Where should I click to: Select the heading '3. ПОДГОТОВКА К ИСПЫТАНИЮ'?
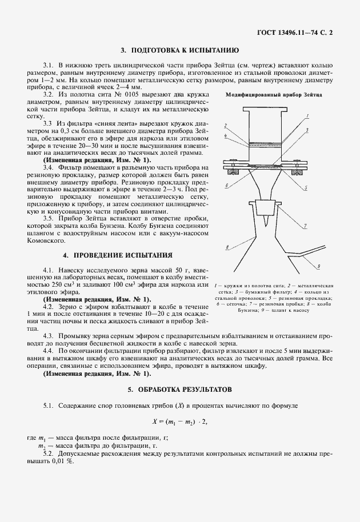(x=179, y=50)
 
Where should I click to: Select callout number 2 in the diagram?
(x=226, y=125)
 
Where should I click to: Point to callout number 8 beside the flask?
(x=227, y=247)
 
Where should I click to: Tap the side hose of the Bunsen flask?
(x=309, y=253)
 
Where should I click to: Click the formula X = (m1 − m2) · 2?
(x=179, y=421)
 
